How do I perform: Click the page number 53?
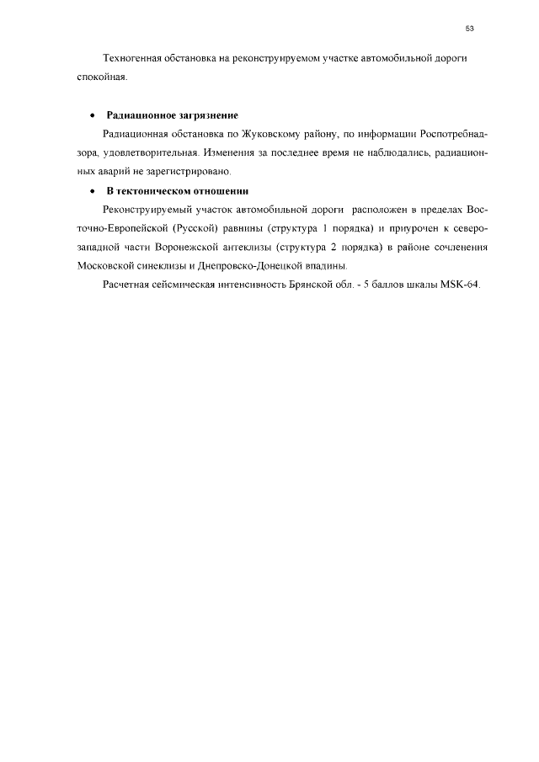[x=469, y=29]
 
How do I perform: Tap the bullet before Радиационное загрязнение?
[x=91, y=115]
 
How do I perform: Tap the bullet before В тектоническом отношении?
[x=91, y=190]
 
